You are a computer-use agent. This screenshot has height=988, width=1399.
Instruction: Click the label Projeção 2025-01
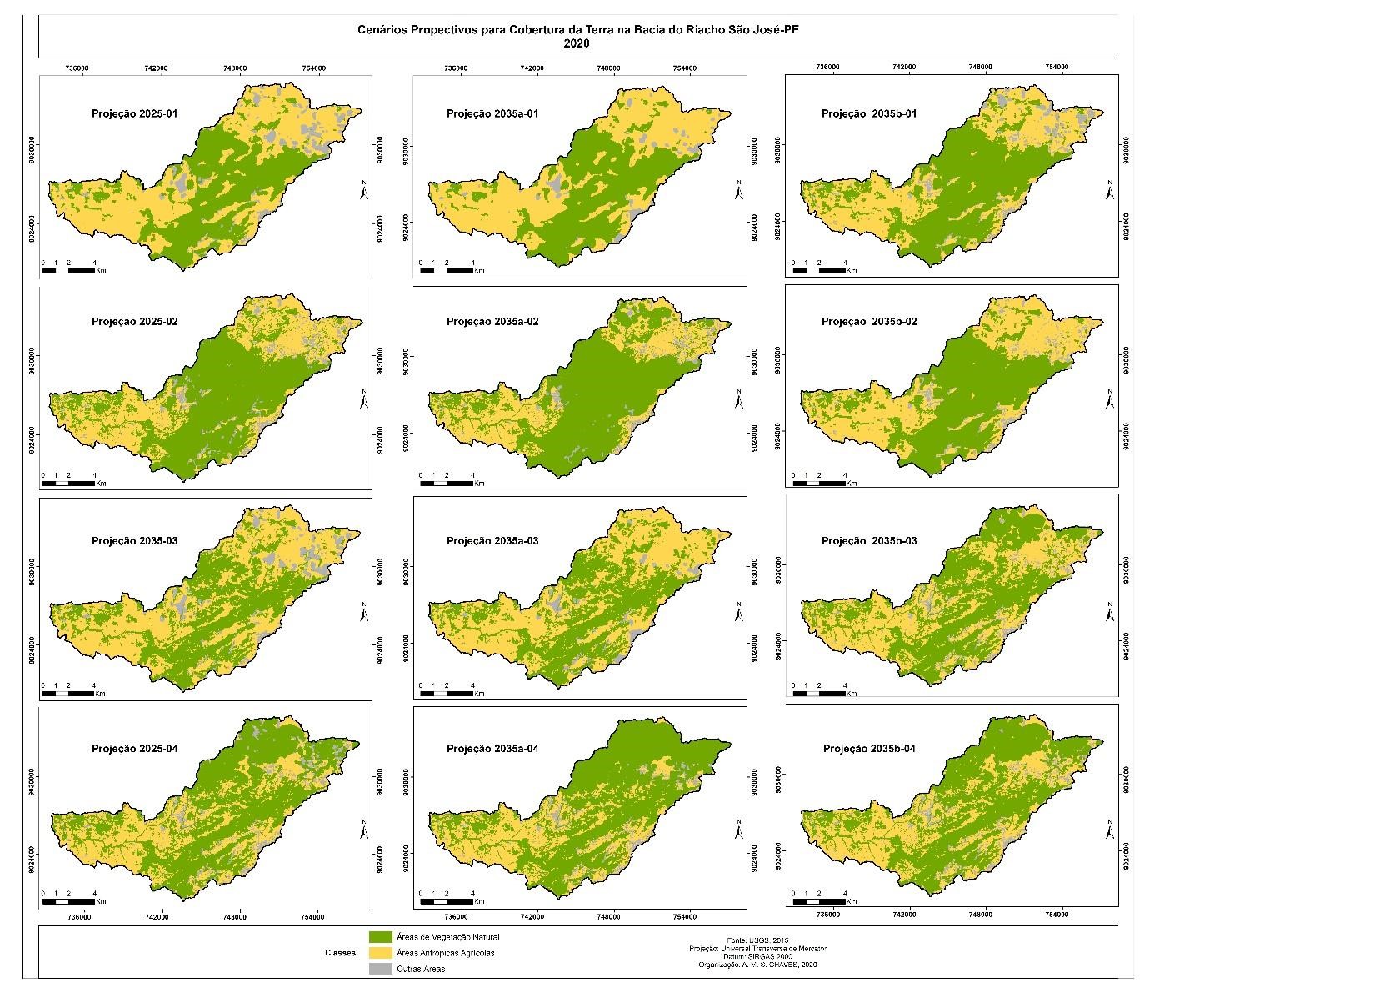tap(134, 113)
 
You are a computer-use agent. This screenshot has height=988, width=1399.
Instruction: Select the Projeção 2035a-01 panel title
tap(492, 113)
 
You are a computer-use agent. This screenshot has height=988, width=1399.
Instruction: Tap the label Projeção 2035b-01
tap(869, 113)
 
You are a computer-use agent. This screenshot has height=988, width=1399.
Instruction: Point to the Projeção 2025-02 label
tap(134, 322)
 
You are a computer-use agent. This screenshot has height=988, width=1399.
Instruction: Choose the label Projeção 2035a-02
tap(492, 322)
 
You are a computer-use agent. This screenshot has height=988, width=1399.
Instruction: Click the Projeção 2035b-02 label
tap(869, 322)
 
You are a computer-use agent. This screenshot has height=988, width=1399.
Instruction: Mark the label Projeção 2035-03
tap(134, 541)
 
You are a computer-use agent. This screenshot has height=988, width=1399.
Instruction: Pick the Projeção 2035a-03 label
tap(492, 541)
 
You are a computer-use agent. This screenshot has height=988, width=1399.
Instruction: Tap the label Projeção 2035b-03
tap(869, 541)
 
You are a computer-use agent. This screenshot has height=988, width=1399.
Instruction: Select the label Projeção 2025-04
tap(134, 749)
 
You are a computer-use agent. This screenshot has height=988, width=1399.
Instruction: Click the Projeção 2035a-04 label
tap(492, 749)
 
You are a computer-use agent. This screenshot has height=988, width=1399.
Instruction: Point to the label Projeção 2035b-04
tap(869, 749)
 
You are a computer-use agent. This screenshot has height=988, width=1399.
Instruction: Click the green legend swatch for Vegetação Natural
tap(380, 936)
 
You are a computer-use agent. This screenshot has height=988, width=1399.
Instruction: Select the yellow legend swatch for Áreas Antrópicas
tap(380, 952)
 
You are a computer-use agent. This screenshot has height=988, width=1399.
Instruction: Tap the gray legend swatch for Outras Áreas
tap(380, 969)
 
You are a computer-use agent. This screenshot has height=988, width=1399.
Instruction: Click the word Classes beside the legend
tap(340, 952)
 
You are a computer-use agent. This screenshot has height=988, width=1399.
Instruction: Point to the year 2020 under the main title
tap(577, 44)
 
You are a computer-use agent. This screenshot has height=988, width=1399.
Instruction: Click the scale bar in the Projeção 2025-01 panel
tap(70, 271)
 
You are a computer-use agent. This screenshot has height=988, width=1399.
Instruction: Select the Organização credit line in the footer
tap(757, 965)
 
